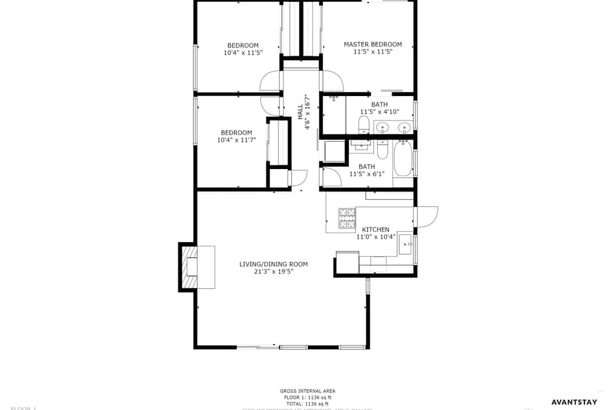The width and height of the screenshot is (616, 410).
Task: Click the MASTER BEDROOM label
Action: tap(373, 44)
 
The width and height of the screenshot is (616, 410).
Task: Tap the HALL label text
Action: tap(300, 111)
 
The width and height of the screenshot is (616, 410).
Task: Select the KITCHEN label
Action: tap(375, 229)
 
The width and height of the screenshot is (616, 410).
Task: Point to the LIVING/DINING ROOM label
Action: tap(273, 264)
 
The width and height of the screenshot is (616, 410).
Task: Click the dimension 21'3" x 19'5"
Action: tap(273, 272)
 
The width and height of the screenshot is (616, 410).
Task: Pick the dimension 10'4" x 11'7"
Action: tap(236, 140)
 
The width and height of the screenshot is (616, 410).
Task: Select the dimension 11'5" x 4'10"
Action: tap(379, 112)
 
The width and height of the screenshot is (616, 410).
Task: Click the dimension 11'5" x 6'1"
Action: tap(366, 174)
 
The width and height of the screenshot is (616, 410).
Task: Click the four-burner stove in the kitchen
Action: tap(347, 218)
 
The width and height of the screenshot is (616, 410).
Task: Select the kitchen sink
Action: tap(406, 243)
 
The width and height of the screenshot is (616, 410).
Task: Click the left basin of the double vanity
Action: tap(383, 127)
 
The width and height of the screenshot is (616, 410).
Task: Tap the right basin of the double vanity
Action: tap(404, 127)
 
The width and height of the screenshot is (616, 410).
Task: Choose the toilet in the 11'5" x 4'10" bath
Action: tap(363, 124)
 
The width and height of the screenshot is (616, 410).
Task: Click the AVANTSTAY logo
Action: tap(574, 402)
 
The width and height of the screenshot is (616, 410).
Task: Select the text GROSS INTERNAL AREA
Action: tap(307, 391)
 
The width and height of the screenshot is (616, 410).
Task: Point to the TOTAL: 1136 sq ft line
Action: tap(307, 404)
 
